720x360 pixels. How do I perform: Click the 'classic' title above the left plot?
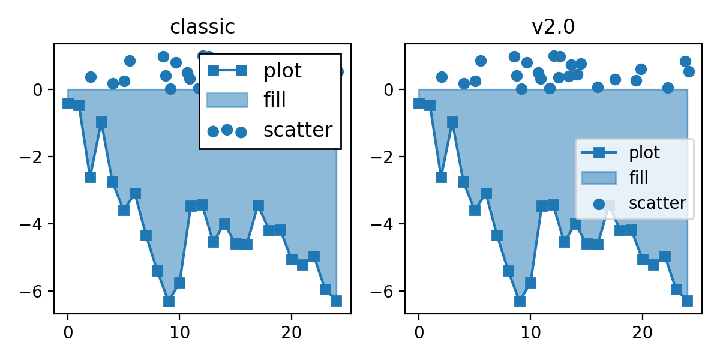click(202, 27)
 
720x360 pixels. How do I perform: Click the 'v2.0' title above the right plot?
click(553, 27)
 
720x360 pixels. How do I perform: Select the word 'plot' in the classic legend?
click(283, 71)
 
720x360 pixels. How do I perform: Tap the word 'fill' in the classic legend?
click(275, 100)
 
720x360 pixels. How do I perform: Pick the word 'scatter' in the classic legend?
click(298, 130)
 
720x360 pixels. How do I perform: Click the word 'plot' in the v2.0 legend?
click(644, 152)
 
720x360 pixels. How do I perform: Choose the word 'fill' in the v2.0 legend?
click(638, 178)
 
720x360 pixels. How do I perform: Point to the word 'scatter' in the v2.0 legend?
click(657, 203)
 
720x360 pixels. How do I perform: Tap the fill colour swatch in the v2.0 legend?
click(598, 178)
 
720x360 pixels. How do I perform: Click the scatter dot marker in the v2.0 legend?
click(598, 203)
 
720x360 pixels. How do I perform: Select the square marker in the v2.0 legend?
click(598, 152)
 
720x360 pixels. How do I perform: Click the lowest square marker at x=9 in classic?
click(169, 301)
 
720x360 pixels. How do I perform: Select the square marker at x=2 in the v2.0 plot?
click(441, 177)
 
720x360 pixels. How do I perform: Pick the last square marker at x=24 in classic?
click(336, 301)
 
